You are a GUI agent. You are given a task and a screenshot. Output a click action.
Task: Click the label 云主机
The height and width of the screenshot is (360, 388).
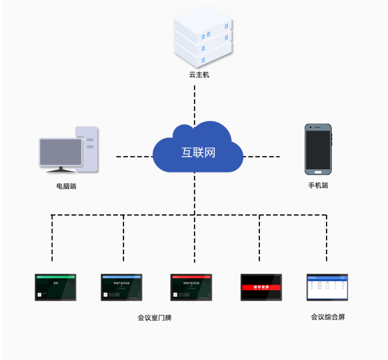click(x=199, y=75)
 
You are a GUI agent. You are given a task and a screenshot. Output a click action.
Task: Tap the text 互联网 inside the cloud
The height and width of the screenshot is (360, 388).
click(x=198, y=154)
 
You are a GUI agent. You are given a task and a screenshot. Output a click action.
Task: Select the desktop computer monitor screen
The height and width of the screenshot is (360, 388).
click(x=61, y=152)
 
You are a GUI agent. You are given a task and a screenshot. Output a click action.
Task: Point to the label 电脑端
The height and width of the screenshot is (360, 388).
click(x=67, y=186)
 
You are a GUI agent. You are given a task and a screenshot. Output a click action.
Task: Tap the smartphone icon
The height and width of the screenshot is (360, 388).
click(x=318, y=149)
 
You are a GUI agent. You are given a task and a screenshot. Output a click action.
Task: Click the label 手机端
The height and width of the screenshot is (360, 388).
click(x=318, y=186)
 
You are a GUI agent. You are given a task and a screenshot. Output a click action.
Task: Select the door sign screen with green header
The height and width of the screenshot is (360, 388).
click(x=56, y=287)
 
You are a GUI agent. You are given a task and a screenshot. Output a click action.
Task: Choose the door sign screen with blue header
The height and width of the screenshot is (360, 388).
click(x=121, y=287)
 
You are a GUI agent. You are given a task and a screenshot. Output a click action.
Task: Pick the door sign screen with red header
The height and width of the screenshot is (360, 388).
click(x=191, y=287)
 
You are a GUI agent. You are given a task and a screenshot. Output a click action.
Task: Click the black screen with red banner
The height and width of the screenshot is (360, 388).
click(x=261, y=287)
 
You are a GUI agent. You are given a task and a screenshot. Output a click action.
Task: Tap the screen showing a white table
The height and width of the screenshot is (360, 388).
click(x=327, y=287)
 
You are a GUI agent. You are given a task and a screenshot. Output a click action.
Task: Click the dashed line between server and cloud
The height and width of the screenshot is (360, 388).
click(x=194, y=101)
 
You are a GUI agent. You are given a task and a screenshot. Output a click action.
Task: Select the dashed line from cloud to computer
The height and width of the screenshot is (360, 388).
click(x=134, y=157)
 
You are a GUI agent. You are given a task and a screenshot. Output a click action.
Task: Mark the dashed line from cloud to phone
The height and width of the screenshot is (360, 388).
click(x=261, y=157)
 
